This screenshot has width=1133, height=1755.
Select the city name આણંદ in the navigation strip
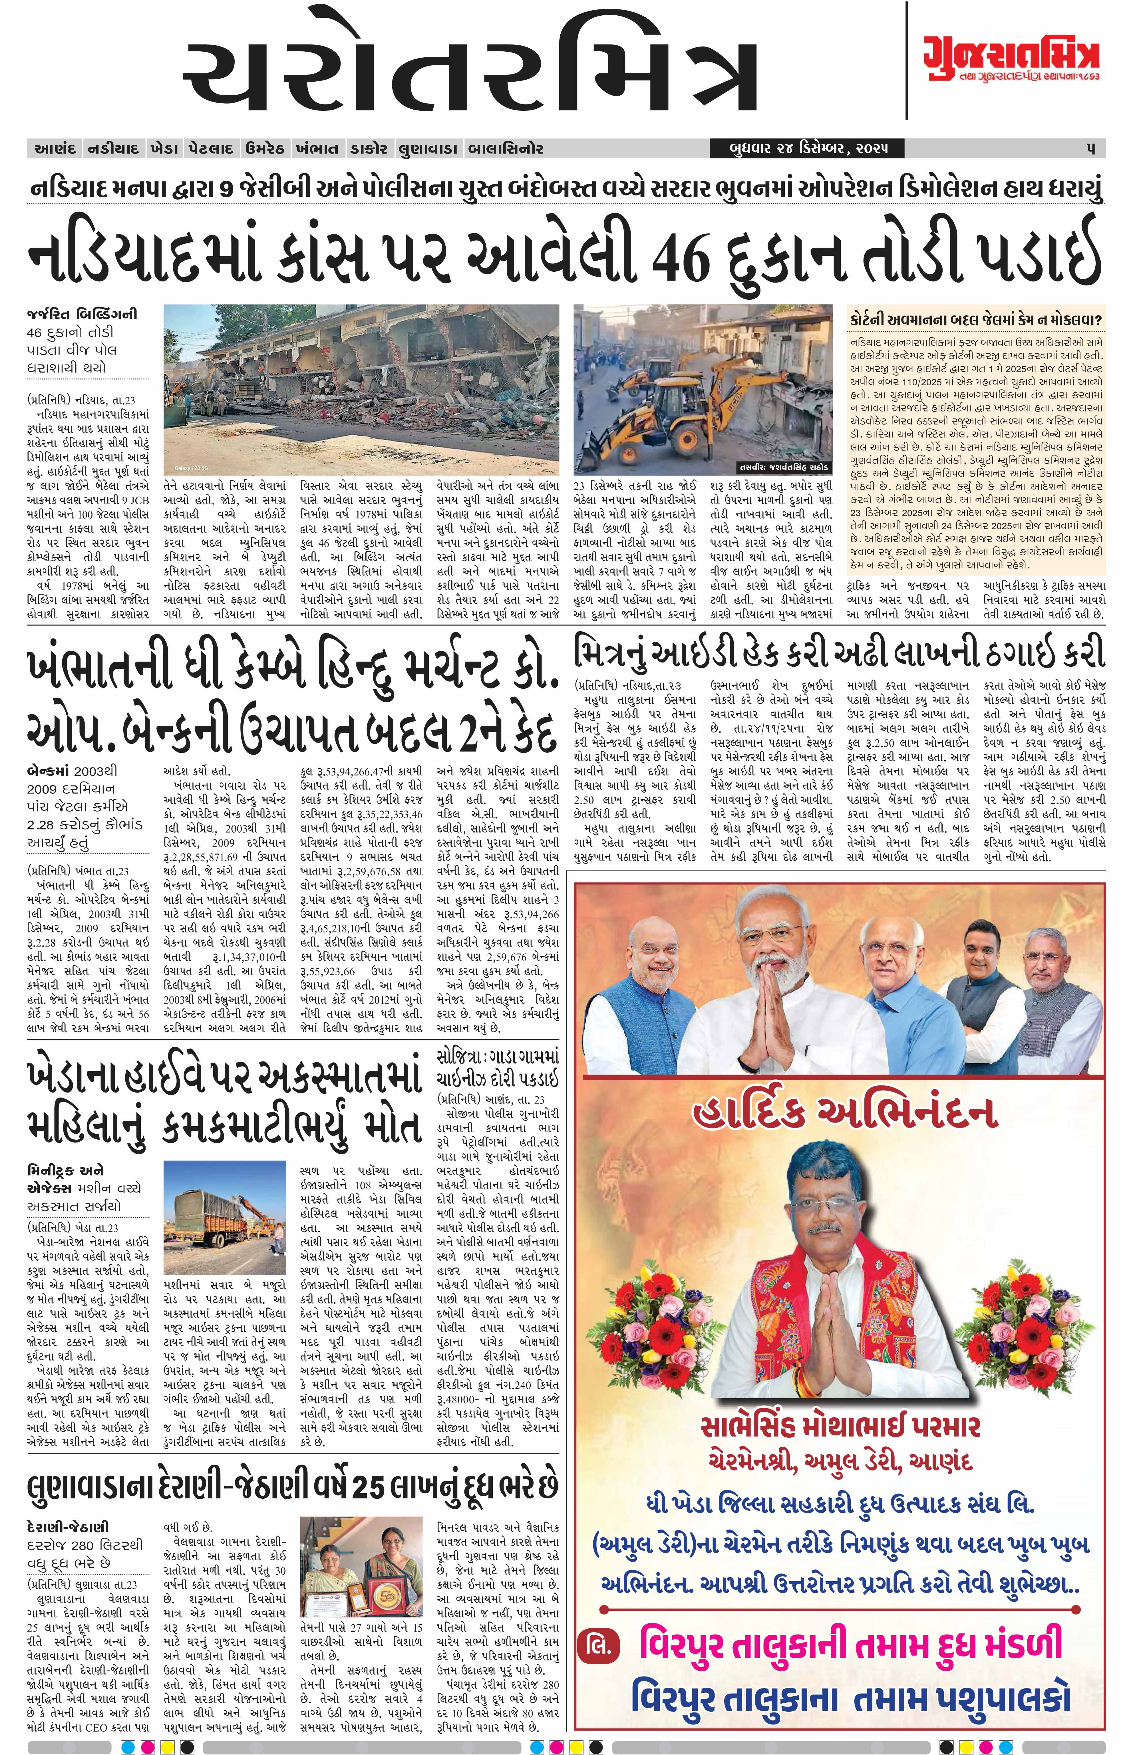pos(55,149)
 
